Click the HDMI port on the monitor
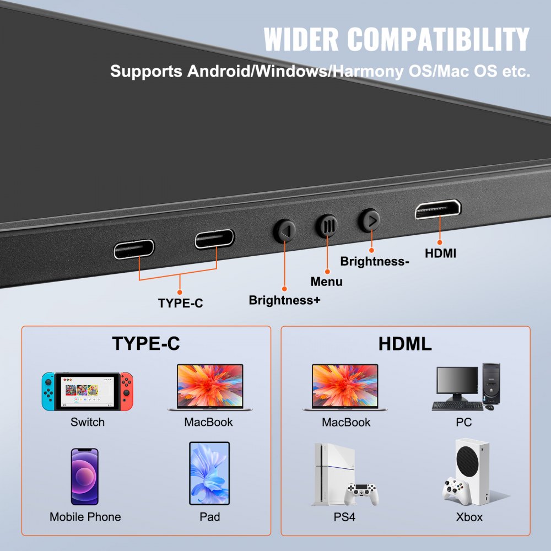pyautogui.click(x=438, y=209)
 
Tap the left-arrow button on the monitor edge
pyautogui.click(x=285, y=231)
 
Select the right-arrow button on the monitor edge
pyautogui.click(x=369, y=220)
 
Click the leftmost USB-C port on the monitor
pyautogui.click(x=134, y=249)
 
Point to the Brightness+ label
pyautogui.click(x=284, y=300)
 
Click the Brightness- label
pyautogui.click(x=374, y=261)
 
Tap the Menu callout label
pyautogui.click(x=327, y=282)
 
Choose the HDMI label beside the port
pyautogui.click(x=440, y=253)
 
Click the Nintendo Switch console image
pyautogui.click(x=88, y=391)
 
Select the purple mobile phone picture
pyautogui.click(x=84, y=477)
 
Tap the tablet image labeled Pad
pyautogui.click(x=209, y=473)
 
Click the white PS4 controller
pyautogui.click(x=361, y=493)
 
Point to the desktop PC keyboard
pyautogui.click(x=457, y=406)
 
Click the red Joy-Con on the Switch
pyautogui.click(x=127, y=391)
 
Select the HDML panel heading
pyautogui.click(x=405, y=343)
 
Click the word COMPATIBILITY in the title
pyautogui.click(x=439, y=39)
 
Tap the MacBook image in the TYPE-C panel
pyautogui.click(x=209, y=387)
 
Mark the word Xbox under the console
pyautogui.click(x=469, y=517)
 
